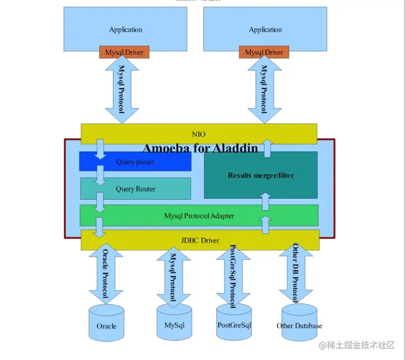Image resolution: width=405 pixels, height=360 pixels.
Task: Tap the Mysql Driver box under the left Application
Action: pos(124,52)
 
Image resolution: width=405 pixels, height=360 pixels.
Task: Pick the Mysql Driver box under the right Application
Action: pos(264,52)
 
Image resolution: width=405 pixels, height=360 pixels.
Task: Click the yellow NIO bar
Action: pos(199,134)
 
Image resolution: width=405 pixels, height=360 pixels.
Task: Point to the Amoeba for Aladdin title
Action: pos(200,148)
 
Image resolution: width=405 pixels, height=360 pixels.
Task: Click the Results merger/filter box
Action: pos(261,175)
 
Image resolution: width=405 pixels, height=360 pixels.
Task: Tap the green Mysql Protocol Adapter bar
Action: pos(199,215)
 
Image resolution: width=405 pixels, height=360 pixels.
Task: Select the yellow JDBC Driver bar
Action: pos(200,240)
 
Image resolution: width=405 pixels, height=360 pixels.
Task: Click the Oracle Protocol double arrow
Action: pos(106,274)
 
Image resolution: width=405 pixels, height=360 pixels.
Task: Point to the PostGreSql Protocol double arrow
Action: pos(233,276)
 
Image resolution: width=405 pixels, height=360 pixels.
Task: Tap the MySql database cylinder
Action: pos(174,322)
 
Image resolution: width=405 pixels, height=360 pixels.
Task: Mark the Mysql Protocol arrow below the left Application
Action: pos(122,89)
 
